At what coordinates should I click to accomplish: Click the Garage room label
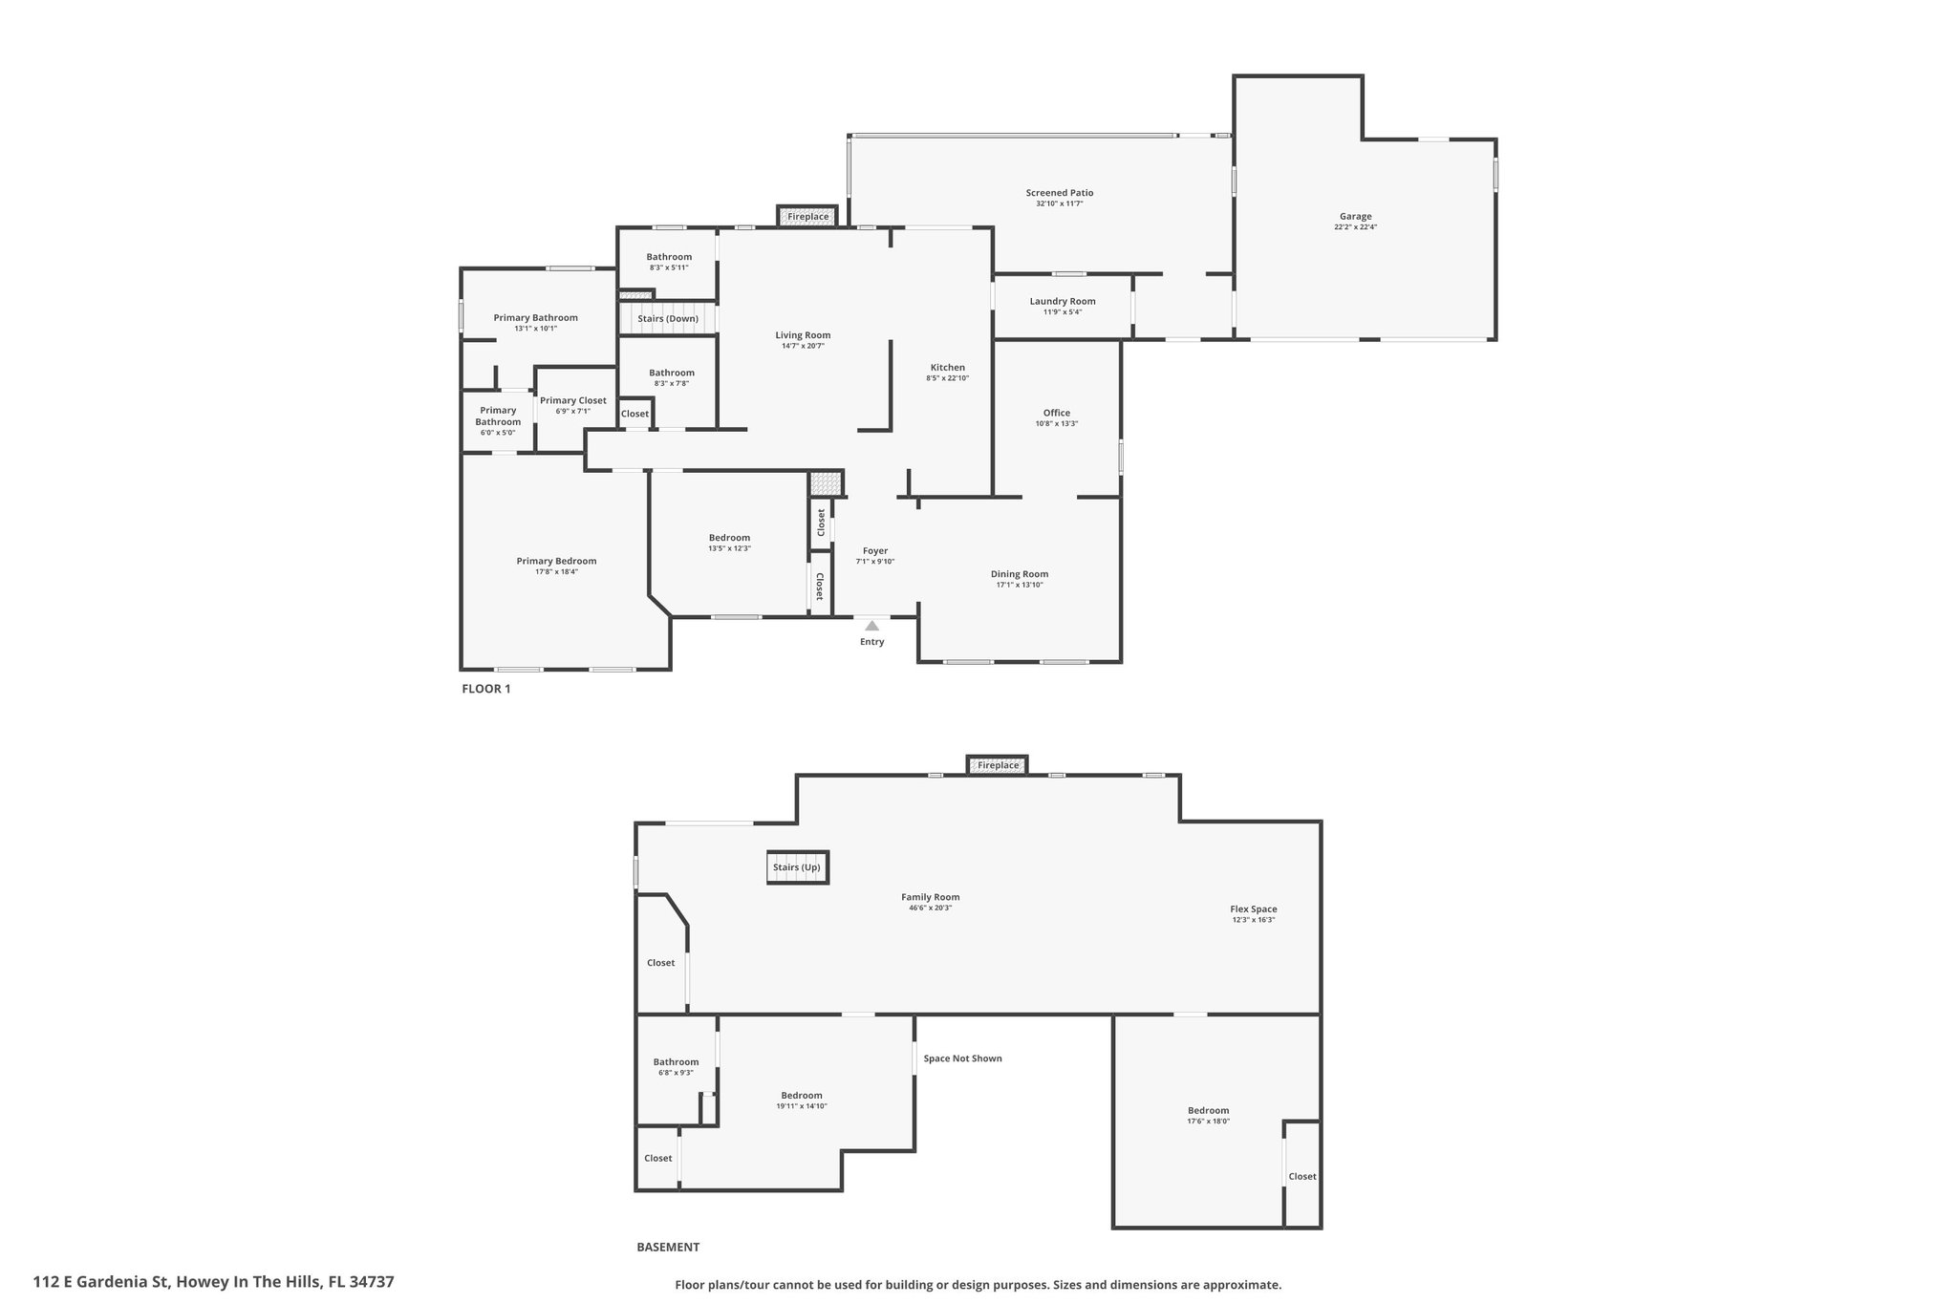(1355, 217)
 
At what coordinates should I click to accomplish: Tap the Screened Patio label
(1060, 193)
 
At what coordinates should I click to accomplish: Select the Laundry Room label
(1063, 301)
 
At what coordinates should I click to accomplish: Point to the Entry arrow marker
(871, 626)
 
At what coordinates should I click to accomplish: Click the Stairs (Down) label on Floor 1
(668, 318)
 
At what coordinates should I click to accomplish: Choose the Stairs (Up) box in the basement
(797, 867)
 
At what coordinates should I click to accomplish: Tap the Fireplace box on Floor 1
(807, 217)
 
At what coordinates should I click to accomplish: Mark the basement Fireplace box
(998, 765)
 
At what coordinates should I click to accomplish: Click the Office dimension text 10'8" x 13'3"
(1057, 424)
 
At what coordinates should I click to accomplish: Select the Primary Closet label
(573, 400)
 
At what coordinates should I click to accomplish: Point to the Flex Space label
(1253, 909)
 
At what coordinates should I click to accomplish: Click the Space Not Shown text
(962, 1058)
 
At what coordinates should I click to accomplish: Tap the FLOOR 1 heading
(486, 689)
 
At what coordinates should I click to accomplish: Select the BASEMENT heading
(668, 1247)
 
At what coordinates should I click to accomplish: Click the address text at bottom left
(213, 1282)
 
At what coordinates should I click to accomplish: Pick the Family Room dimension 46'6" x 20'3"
(930, 908)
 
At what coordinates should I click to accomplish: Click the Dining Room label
(1020, 574)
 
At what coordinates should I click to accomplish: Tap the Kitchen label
(948, 368)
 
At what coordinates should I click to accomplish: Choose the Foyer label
(875, 551)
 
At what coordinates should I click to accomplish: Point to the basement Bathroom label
(676, 1062)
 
